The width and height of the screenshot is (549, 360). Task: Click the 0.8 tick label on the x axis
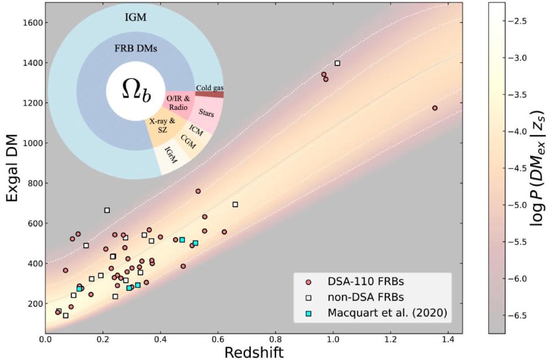pos(276,339)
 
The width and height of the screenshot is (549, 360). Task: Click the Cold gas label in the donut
pos(210,87)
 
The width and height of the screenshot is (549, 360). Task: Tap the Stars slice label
pos(206,113)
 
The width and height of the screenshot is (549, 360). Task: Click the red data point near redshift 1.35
pos(435,108)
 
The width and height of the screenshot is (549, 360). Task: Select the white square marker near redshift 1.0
pos(337,63)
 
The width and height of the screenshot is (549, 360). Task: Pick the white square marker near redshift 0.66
pos(235,204)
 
